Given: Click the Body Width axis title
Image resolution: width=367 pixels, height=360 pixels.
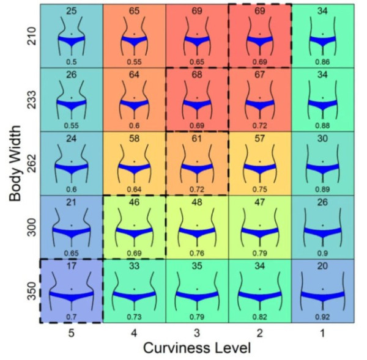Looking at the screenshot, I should (17, 164).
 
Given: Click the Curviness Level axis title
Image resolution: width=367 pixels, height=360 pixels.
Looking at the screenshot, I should (196, 348).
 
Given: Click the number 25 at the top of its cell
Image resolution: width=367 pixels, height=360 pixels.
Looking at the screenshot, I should (72, 11).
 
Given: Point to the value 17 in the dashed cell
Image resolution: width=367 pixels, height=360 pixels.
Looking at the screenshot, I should (72, 266).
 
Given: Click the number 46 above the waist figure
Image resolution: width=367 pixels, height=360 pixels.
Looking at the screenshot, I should (134, 202).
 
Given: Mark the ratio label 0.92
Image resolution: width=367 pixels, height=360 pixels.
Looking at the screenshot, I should (322, 317).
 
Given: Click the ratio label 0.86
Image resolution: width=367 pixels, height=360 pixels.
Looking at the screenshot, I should (322, 61).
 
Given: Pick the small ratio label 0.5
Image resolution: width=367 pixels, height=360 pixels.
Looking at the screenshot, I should (72, 61).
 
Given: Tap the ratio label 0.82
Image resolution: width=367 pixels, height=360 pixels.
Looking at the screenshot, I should (259, 317).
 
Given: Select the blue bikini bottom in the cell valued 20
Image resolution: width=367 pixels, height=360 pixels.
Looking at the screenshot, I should (322, 296).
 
